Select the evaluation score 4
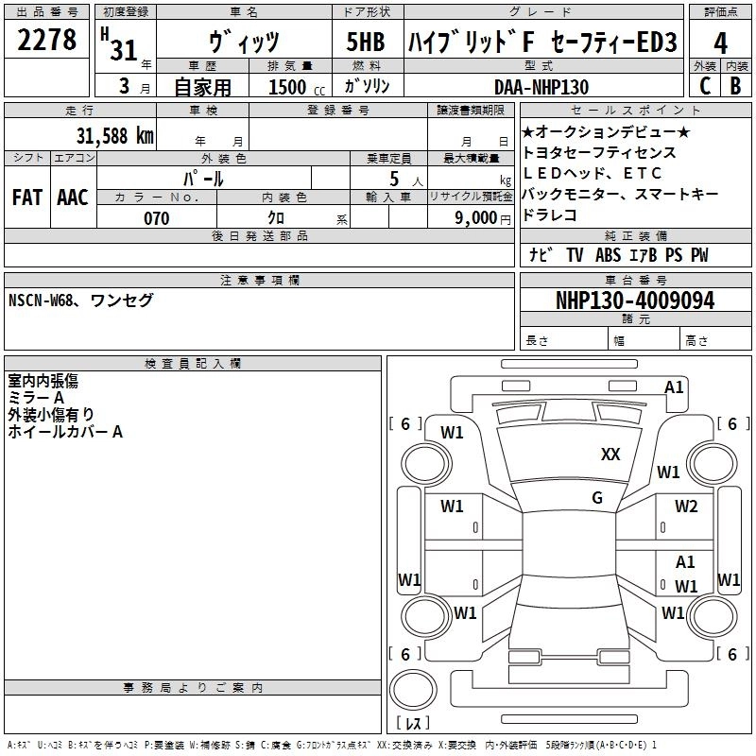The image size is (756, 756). (x=720, y=43)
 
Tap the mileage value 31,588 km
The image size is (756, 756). (x=114, y=135)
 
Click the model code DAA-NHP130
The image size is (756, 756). (x=541, y=87)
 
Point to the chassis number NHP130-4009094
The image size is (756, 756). (x=635, y=301)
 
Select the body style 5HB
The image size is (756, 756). (x=365, y=43)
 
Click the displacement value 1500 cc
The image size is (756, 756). (x=288, y=87)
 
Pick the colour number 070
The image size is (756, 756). (x=156, y=218)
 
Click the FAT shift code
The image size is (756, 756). (x=26, y=198)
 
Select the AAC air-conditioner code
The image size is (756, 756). (x=73, y=198)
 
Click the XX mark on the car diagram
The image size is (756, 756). (x=610, y=455)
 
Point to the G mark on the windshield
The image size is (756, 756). (x=597, y=497)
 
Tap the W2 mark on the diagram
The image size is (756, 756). (x=686, y=507)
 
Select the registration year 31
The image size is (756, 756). (x=124, y=50)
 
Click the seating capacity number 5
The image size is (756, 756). (x=392, y=178)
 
